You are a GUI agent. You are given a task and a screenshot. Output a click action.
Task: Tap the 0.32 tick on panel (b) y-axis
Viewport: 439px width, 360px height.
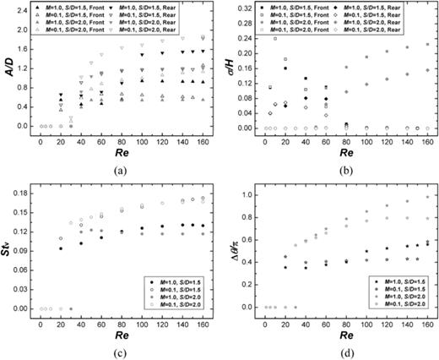[x=245, y=11]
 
